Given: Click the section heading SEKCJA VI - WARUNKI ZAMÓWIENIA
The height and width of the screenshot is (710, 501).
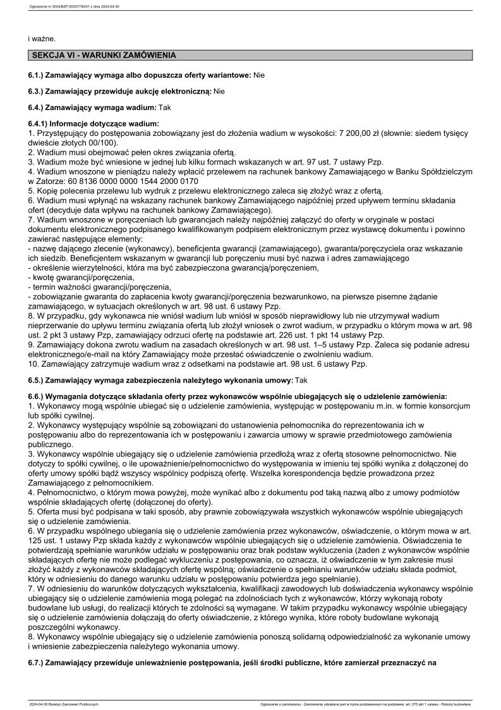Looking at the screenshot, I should coord(104,56).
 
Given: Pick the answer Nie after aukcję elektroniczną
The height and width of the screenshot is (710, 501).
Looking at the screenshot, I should coord(219,92).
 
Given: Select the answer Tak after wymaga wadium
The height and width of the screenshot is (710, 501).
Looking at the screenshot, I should coord(166,108).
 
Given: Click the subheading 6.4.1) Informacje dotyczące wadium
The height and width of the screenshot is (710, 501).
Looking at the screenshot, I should coord(94,125).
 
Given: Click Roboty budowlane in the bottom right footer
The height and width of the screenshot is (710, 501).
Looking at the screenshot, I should coord(459,704).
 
